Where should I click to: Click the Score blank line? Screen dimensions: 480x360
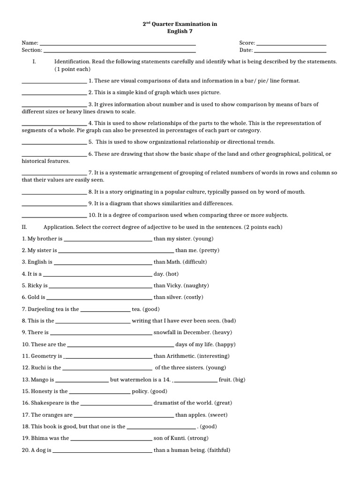(x=291, y=44)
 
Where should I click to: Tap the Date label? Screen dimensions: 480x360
(x=246, y=50)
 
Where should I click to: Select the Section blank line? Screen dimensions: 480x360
(x=119, y=51)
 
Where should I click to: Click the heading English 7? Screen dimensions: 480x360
(x=180, y=31)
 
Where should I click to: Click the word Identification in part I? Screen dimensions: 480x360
(x=72, y=62)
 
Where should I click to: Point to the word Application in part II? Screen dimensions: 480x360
(x=60, y=227)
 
